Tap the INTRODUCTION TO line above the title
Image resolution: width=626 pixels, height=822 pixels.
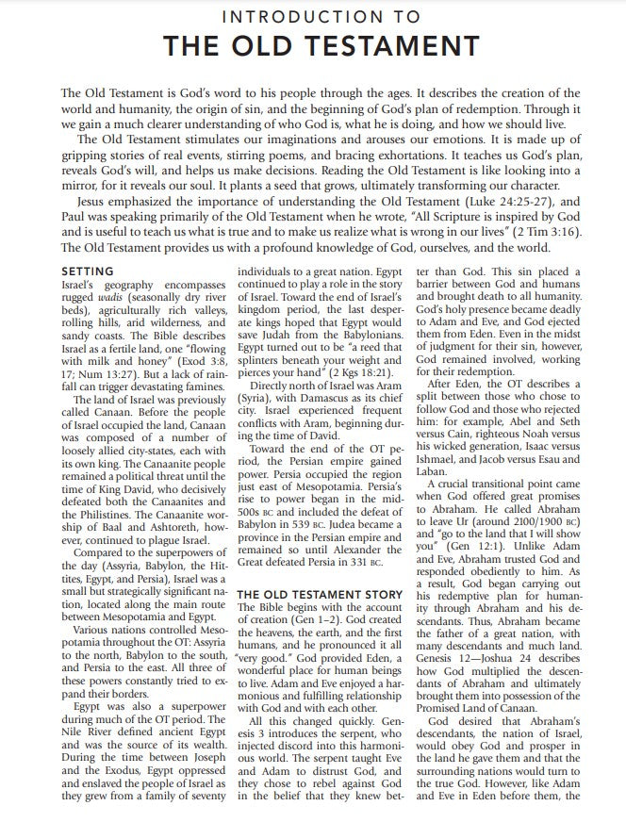[x=312, y=17]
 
